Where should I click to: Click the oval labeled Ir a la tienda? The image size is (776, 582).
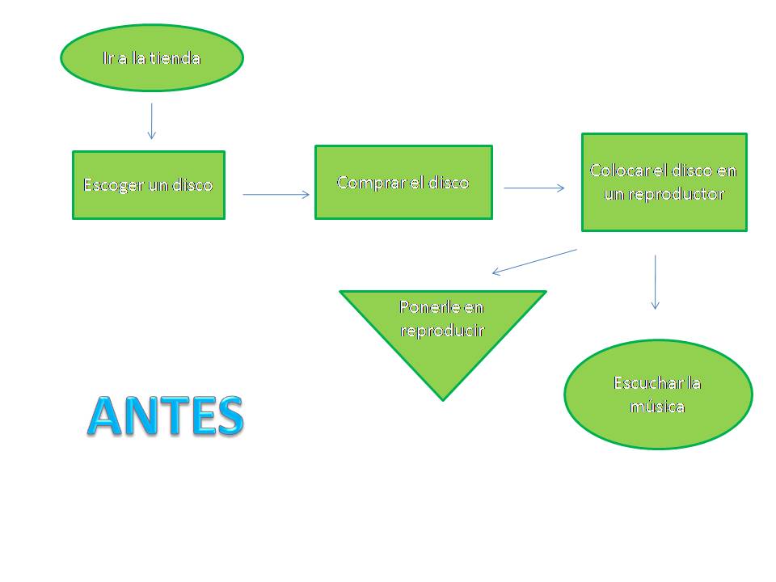pos(152,57)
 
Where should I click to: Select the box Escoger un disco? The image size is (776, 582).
pos(148,185)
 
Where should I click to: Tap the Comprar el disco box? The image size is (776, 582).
pos(403,182)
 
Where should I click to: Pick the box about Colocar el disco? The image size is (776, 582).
pos(664,182)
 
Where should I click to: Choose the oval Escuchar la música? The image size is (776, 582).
pos(657,394)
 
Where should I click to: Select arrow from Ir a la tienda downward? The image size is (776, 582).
pos(151,120)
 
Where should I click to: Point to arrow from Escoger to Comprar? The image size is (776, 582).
pos(276,194)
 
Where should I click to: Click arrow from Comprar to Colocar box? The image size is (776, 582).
pos(534,188)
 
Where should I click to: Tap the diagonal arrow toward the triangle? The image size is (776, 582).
pos(534,261)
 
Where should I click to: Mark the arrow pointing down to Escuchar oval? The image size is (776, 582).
pos(655,282)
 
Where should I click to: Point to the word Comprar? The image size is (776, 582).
pos(366,183)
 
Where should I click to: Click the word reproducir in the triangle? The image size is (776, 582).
pos(442,331)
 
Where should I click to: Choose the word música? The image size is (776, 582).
pos(657,406)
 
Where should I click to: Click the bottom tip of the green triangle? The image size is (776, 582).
pos(442,399)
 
